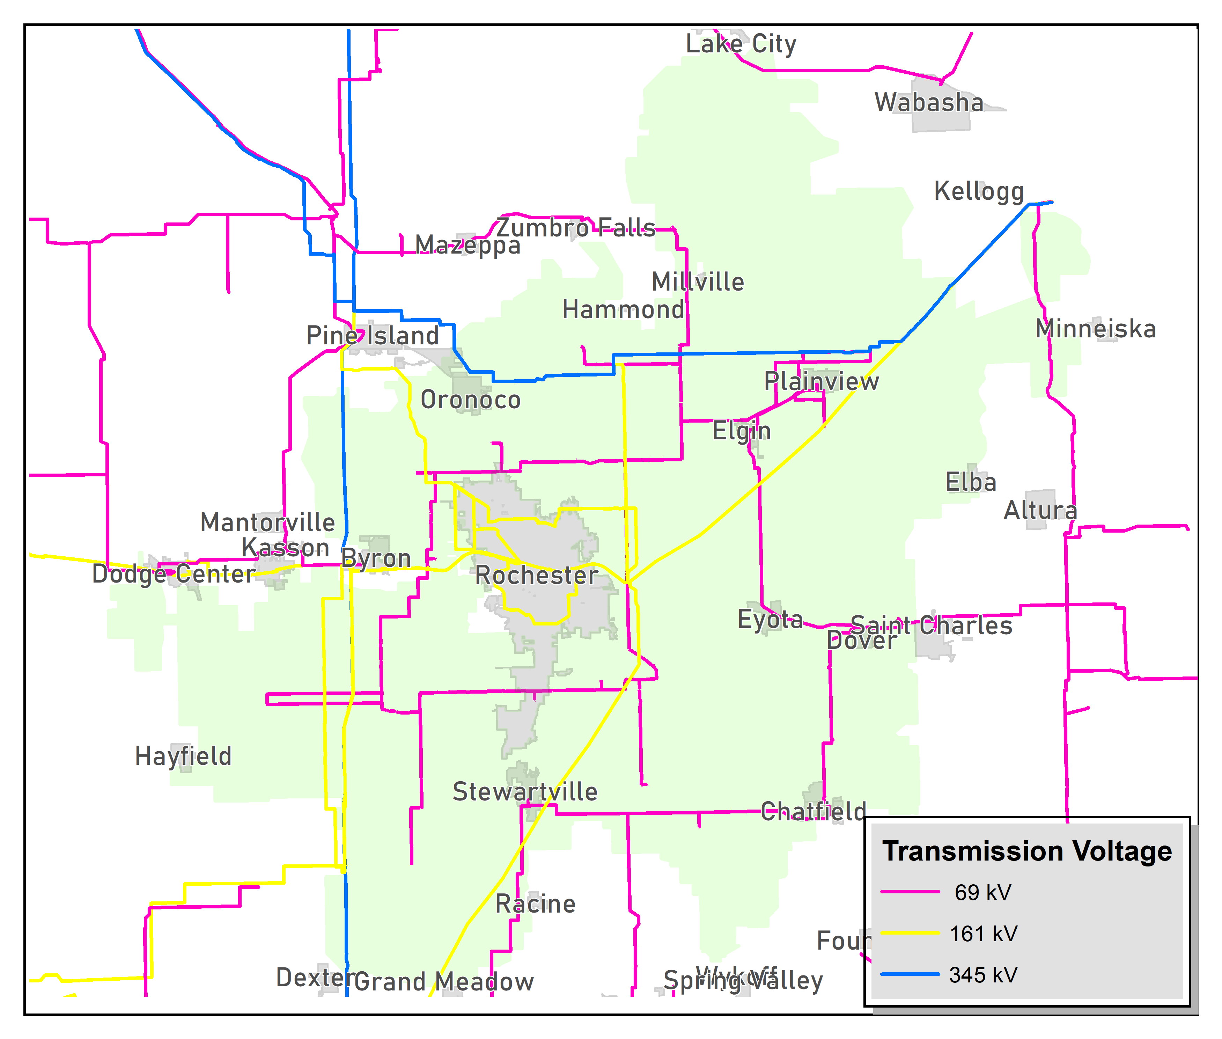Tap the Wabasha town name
pos(929,102)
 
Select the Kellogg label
pos(979,191)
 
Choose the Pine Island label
pos(372,336)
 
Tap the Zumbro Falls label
pos(575,228)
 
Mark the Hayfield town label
pos(183,756)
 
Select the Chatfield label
pos(813,812)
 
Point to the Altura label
pos(1040,510)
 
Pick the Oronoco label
pos(471,400)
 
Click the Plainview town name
pos(821,382)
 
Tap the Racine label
pos(535,904)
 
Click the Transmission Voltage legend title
pos(1027,852)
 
